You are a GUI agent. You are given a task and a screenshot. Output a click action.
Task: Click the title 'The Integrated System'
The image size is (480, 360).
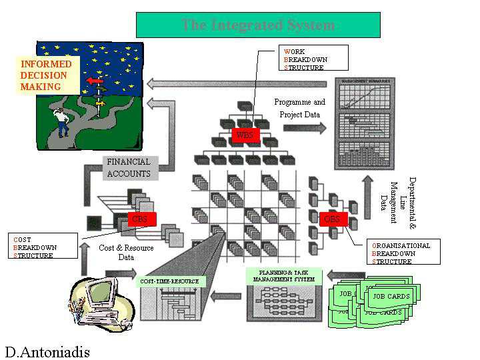[258, 25]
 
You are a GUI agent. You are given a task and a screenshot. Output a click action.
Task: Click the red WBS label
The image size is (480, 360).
[244, 135]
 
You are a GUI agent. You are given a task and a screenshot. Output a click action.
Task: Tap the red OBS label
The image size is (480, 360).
[331, 219]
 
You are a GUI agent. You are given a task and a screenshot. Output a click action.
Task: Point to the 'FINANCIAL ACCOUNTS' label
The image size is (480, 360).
[129, 168]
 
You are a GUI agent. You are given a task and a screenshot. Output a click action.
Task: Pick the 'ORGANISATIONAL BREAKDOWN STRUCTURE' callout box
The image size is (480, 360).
[403, 253]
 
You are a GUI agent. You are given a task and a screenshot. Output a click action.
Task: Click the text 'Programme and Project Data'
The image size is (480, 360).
[300, 108]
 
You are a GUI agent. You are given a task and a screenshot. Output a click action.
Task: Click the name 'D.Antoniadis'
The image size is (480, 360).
[47, 351]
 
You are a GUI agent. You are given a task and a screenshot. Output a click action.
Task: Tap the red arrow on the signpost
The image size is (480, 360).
[95, 81]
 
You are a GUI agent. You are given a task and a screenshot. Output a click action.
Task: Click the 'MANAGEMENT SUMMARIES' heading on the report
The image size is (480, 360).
[365, 81]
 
